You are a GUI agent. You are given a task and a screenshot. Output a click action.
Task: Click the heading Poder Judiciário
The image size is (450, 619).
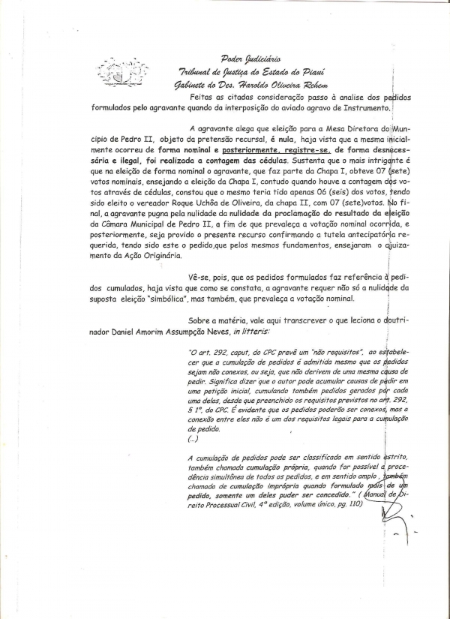pos(250,58)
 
